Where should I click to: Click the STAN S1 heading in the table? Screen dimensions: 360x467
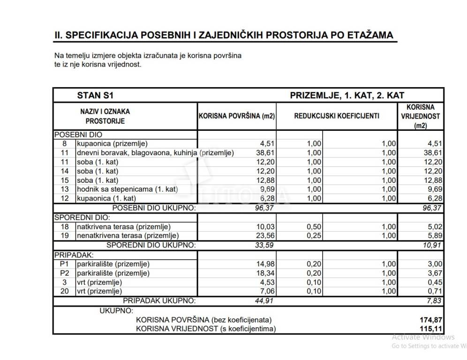pyautogui.click(x=95, y=95)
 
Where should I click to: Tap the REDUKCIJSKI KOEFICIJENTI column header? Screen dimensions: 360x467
pyautogui.click(x=337, y=116)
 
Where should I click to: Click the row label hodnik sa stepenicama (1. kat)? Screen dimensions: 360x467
pyautogui.click(x=127, y=189)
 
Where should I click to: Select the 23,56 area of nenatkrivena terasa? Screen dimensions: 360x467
pyautogui.click(x=264, y=235)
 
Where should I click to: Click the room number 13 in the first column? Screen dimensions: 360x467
pyautogui.click(x=65, y=189)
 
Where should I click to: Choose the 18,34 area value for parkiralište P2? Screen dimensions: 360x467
pyautogui.click(x=264, y=273)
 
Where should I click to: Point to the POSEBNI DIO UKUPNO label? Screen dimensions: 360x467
pyautogui.click(x=153, y=208)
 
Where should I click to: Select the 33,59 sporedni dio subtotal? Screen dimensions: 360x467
pyautogui.click(x=264, y=245)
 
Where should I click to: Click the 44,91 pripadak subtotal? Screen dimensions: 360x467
pyautogui.click(x=264, y=300)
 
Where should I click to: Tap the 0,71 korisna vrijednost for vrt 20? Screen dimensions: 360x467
pyautogui.click(x=434, y=292)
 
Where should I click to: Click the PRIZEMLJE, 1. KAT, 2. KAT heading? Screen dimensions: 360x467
pyautogui.click(x=347, y=95)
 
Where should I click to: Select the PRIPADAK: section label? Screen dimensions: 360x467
pyautogui.click(x=74, y=255)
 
